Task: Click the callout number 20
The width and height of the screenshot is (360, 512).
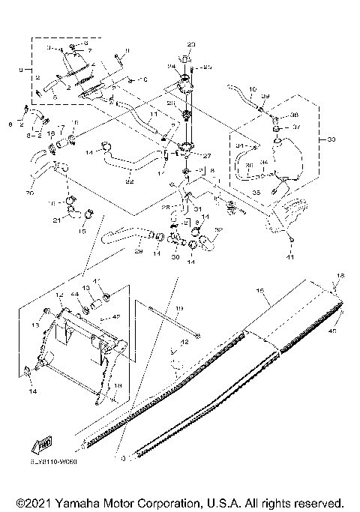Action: [30, 192]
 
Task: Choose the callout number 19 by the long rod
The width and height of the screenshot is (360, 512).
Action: [179, 309]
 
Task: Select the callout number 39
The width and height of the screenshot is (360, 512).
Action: [265, 97]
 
